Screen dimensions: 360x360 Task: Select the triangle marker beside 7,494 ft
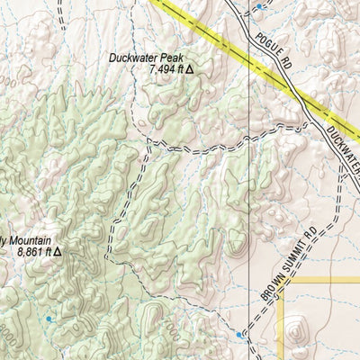tap(190, 69)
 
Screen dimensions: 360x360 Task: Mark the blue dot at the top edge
tap(259, 7)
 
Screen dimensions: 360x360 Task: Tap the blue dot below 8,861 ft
tap(49, 319)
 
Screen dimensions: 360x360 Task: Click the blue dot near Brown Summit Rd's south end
tap(238, 336)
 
